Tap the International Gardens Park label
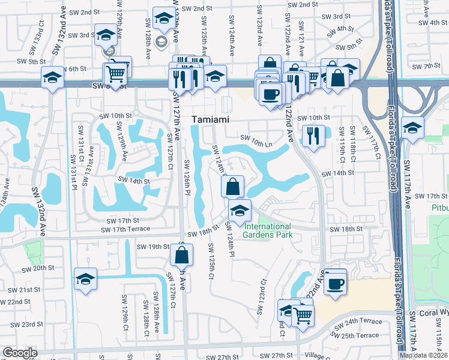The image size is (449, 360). point(268,230)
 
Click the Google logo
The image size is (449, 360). point(20,353)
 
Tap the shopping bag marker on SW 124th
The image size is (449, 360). point(232,187)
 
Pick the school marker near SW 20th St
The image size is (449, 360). point(86,278)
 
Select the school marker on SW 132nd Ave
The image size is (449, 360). point(52,77)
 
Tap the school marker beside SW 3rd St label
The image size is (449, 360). point(106,35)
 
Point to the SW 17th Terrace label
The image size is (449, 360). point(125,229)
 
